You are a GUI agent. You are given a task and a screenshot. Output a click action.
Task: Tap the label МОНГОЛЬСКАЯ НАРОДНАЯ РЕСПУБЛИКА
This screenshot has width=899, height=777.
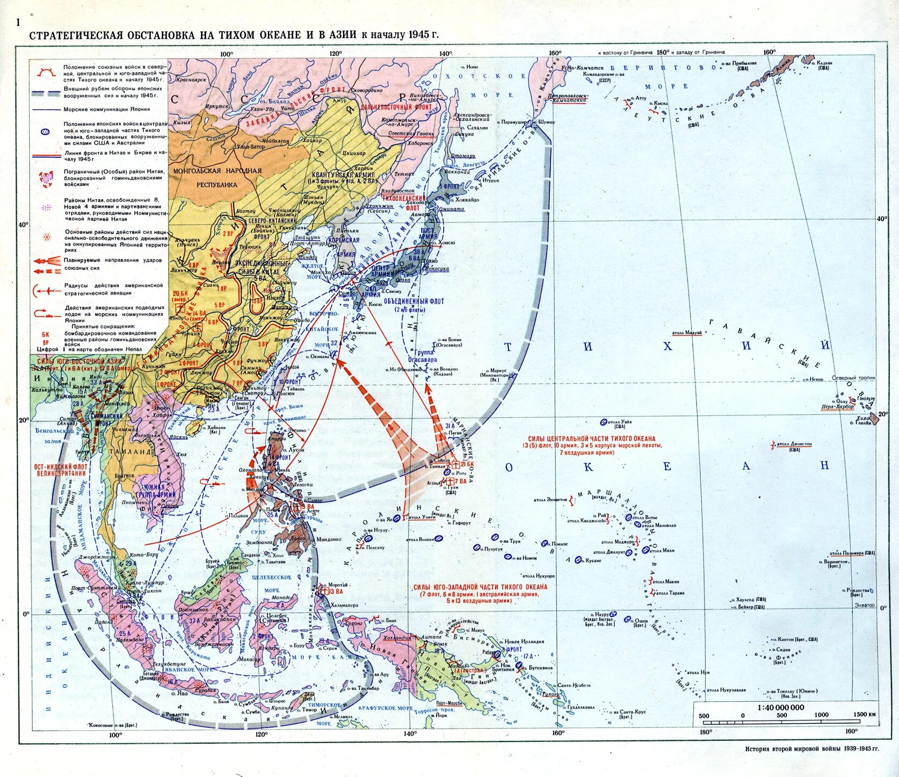pos(217,178)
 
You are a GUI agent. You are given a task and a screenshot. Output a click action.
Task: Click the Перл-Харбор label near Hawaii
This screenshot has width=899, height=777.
pos(837,407)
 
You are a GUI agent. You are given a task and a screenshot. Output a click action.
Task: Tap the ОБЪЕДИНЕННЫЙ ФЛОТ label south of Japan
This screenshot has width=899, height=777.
pos(414,305)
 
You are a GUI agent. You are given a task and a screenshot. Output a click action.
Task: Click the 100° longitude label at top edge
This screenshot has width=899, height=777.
pos(226,53)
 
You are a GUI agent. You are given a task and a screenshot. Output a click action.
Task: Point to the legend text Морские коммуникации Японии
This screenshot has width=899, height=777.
pos(107,109)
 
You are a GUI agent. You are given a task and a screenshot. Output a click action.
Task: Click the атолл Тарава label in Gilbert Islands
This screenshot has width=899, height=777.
pos(669,593)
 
